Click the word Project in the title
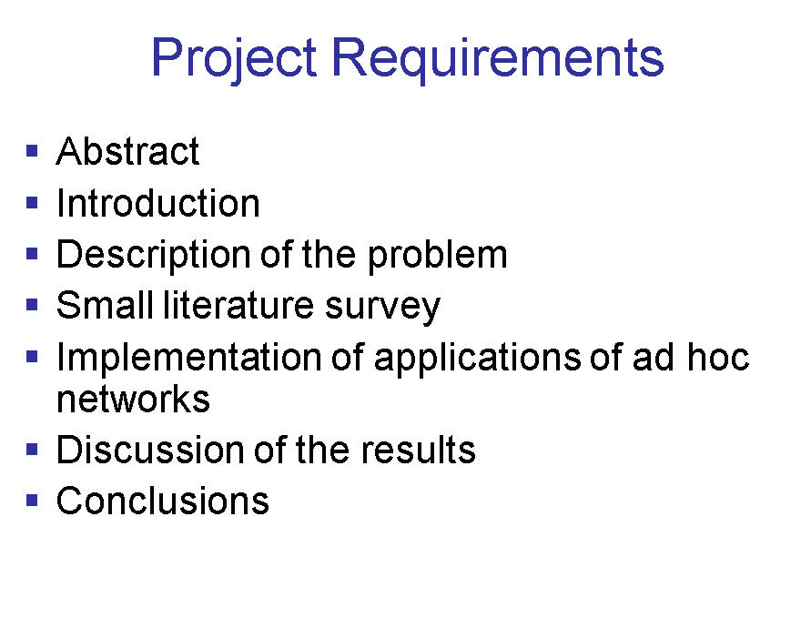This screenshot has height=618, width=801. [x=233, y=59]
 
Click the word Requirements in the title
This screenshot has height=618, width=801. [x=498, y=59]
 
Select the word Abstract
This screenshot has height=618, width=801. [x=127, y=151]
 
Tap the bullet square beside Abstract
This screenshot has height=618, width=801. [x=32, y=151]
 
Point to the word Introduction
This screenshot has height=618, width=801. [x=158, y=203]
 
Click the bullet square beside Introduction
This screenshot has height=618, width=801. [x=32, y=203]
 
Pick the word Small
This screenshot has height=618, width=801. [x=105, y=306]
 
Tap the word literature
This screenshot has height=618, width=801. [x=238, y=306]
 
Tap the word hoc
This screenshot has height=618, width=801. [x=718, y=356]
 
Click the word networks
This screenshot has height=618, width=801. [x=133, y=399]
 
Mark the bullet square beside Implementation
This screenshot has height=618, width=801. [x=32, y=356]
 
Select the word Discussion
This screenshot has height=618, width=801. [x=151, y=450]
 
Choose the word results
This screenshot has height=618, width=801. [x=419, y=450]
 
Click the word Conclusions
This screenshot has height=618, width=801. [x=163, y=501]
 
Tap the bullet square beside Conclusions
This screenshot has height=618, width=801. [x=32, y=500]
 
